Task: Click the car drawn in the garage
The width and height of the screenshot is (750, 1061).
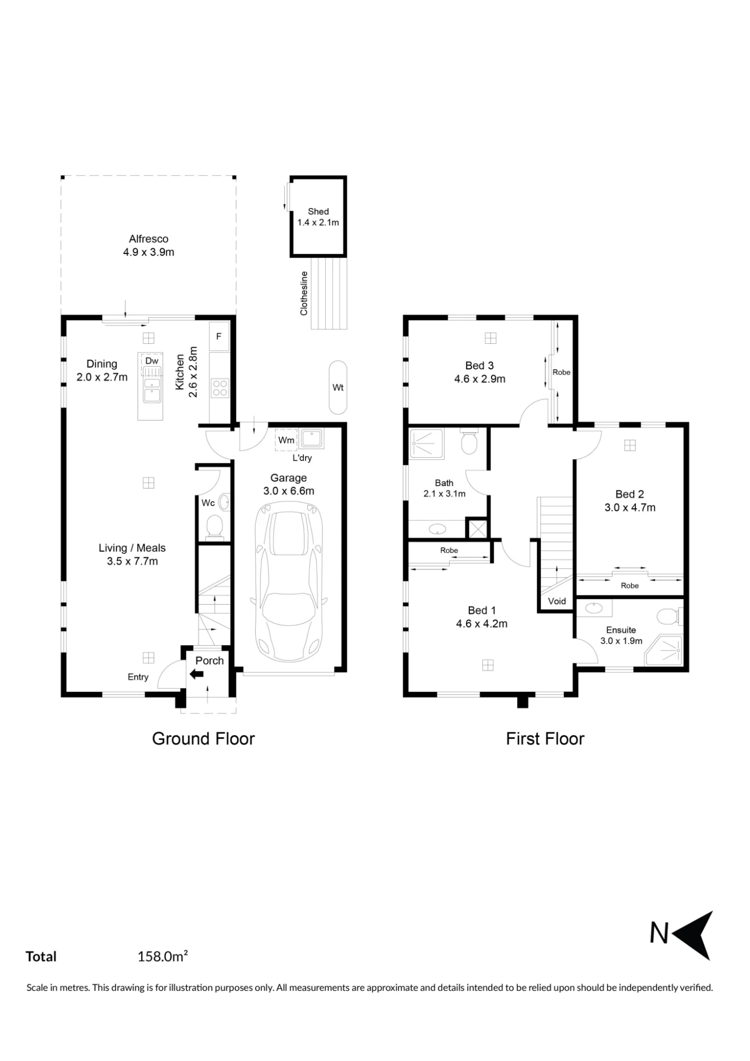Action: point(289,582)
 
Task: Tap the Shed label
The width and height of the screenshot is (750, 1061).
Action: point(318,211)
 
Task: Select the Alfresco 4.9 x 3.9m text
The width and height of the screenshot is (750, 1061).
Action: point(149,246)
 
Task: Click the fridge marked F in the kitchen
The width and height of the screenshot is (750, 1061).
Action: point(219,336)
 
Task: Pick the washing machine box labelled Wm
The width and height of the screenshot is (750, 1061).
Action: point(286,440)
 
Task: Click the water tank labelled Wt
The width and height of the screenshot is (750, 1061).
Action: point(338,387)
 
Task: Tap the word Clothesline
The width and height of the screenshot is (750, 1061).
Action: point(304,293)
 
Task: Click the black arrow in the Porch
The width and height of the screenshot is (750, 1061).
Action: point(197,674)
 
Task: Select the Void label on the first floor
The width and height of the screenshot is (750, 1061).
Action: point(557,601)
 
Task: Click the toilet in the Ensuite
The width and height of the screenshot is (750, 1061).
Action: point(669,616)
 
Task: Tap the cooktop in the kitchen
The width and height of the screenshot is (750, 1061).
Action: point(220,388)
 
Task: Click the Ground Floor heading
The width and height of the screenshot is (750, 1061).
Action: point(204,738)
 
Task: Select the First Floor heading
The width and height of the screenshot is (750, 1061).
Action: point(545,738)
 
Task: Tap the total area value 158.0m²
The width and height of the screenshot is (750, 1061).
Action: point(163,956)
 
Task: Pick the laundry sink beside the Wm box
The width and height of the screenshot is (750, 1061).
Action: point(312,439)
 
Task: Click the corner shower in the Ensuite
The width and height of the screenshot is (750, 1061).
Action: point(665,651)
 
